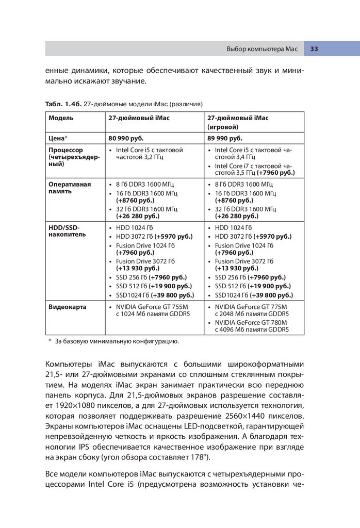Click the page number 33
pos(314,49)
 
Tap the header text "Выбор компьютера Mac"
pos(262,49)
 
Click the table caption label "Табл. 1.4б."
pos(63,104)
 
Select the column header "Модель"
pos(61,118)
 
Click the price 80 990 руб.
pos(126,138)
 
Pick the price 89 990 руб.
pos(225,138)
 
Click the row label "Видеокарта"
pos(68,307)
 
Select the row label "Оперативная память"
pos(70,188)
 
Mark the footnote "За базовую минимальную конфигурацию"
pos(117,341)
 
